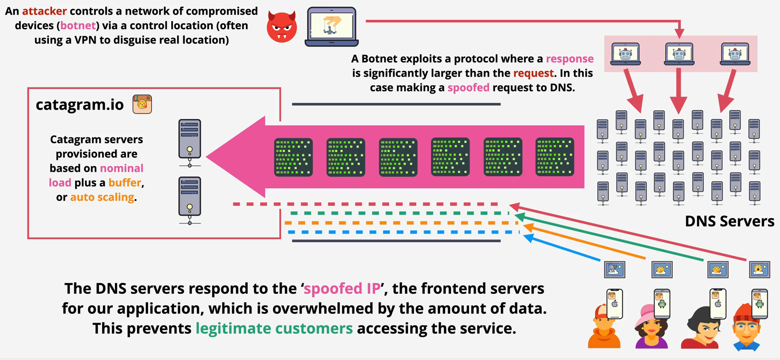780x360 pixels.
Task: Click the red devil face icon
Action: [281, 27]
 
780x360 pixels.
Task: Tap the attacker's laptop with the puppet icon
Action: [331, 26]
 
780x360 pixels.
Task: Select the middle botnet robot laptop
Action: [679, 54]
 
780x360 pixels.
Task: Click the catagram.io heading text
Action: [80, 104]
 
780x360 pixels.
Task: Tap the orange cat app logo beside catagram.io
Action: [142, 104]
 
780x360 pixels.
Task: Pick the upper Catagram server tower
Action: [189, 140]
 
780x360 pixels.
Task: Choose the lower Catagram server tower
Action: [189, 198]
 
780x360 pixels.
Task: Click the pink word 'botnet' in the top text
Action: [78, 25]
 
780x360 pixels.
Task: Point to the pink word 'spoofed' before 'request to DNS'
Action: [468, 88]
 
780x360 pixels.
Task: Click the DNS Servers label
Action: [729, 221]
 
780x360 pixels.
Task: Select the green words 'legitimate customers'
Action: [274, 328]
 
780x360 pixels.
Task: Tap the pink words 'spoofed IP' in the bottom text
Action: [342, 289]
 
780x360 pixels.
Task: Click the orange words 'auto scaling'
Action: [102, 197]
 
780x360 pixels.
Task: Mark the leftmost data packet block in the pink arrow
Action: [293, 157]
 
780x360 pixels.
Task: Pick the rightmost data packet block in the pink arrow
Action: [554, 157]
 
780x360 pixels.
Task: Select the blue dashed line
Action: [403, 232]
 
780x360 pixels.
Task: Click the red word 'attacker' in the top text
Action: [44, 11]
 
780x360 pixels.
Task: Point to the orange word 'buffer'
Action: [125, 183]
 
